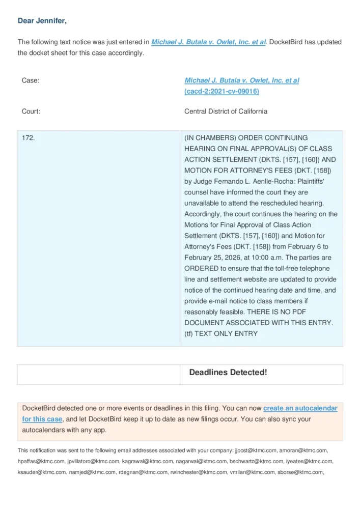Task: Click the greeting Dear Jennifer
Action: pyautogui.click(x=42, y=21)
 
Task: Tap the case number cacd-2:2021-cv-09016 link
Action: pyautogui.click(x=221, y=92)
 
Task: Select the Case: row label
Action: pyautogui.click(x=31, y=80)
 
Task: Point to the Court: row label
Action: pyautogui.click(x=31, y=111)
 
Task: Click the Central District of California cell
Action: pyautogui.click(x=226, y=111)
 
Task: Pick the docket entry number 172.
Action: pyautogui.click(x=29, y=138)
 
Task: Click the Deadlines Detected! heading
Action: pyautogui.click(x=228, y=373)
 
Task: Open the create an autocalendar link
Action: pyautogui.click(x=300, y=408)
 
